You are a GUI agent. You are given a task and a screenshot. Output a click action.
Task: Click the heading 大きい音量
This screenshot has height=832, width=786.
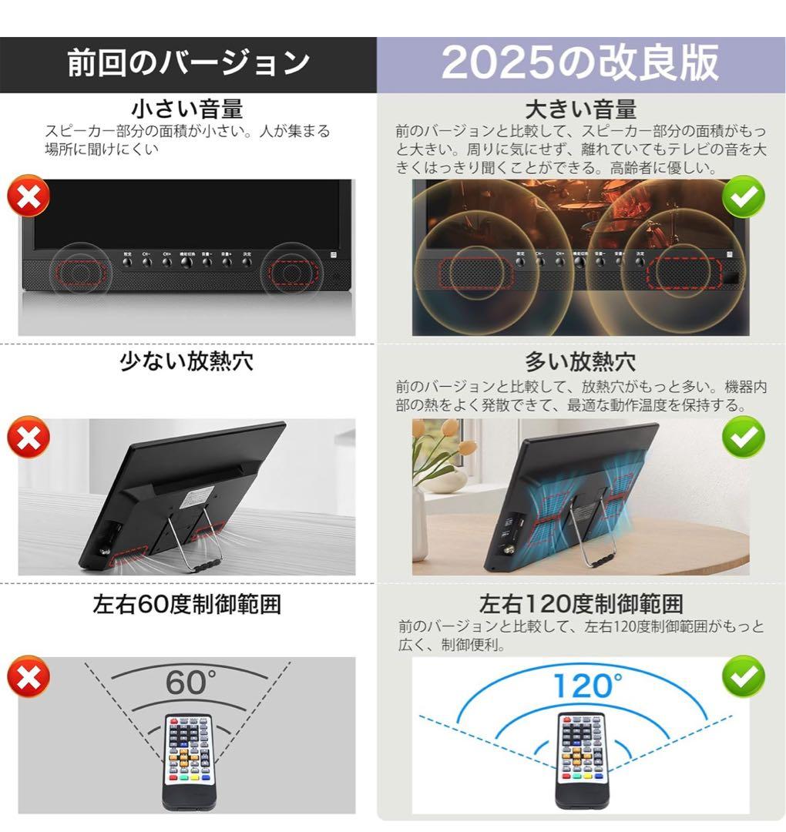click(x=580, y=108)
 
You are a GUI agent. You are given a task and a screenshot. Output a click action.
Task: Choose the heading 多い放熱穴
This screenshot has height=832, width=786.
click(x=580, y=361)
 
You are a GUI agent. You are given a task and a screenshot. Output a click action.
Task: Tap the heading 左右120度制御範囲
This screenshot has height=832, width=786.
click(x=580, y=603)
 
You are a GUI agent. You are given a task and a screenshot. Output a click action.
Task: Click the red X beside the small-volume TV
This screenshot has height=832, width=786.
click(x=29, y=197)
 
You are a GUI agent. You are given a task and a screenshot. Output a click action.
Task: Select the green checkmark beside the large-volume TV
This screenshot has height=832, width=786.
click(x=744, y=197)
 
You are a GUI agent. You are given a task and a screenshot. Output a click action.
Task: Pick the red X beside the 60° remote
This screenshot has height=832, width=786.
click(x=29, y=677)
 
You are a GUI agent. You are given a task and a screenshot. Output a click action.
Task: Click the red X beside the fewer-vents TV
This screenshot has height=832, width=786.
click(x=29, y=438)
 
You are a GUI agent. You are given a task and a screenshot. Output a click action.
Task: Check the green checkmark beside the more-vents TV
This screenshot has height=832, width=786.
click(x=744, y=438)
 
